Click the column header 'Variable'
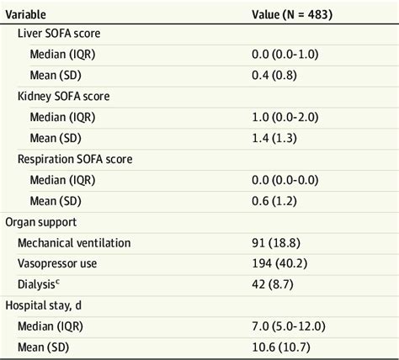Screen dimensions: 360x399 (26, 14)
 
